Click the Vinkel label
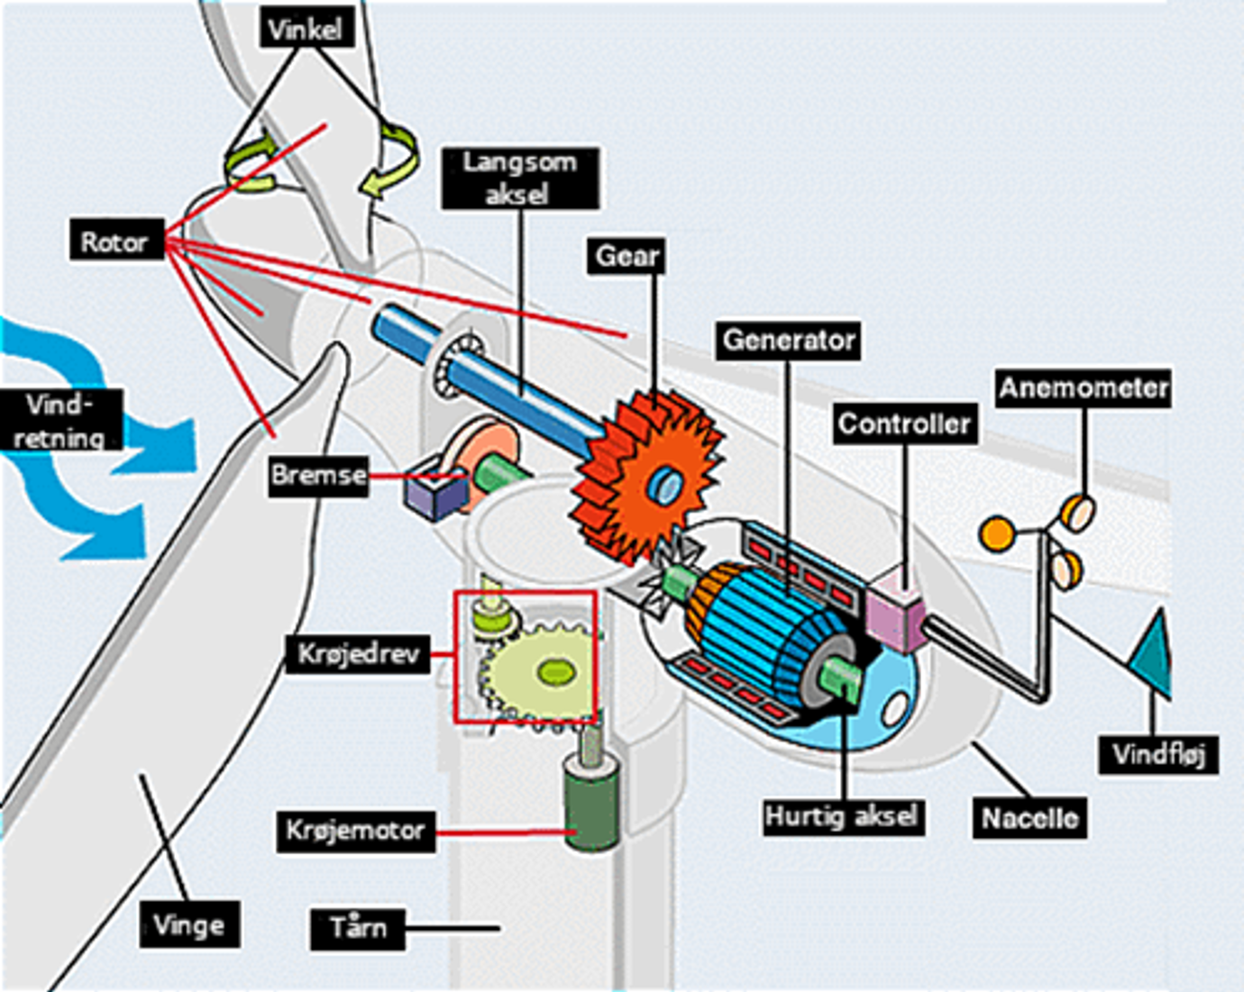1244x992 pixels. pyautogui.click(x=305, y=29)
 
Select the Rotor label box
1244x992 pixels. pyautogui.click(x=114, y=241)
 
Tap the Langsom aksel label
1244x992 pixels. pyautogui.click(x=519, y=178)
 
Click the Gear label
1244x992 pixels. pyautogui.click(x=627, y=257)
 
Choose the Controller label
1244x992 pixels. pyautogui.click(x=904, y=424)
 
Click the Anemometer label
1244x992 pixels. pyautogui.click(x=1084, y=388)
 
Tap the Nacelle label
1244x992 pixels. pyautogui.click(x=1029, y=818)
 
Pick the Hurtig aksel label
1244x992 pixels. pyautogui.click(x=841, y=816)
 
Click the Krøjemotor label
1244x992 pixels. pyautogui.click(x=354, y=830)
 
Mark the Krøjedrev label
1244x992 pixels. pyautogui.click(x=358, y=653)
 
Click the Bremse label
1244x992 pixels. pyautogui.click(x=319, y=474)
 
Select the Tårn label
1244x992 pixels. pyautogui.click(x=358, y=927)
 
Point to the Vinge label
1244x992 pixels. pyautogui.click(x=189, y=924)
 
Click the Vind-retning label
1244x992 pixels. pyautogui.click(x=59, y=421)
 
